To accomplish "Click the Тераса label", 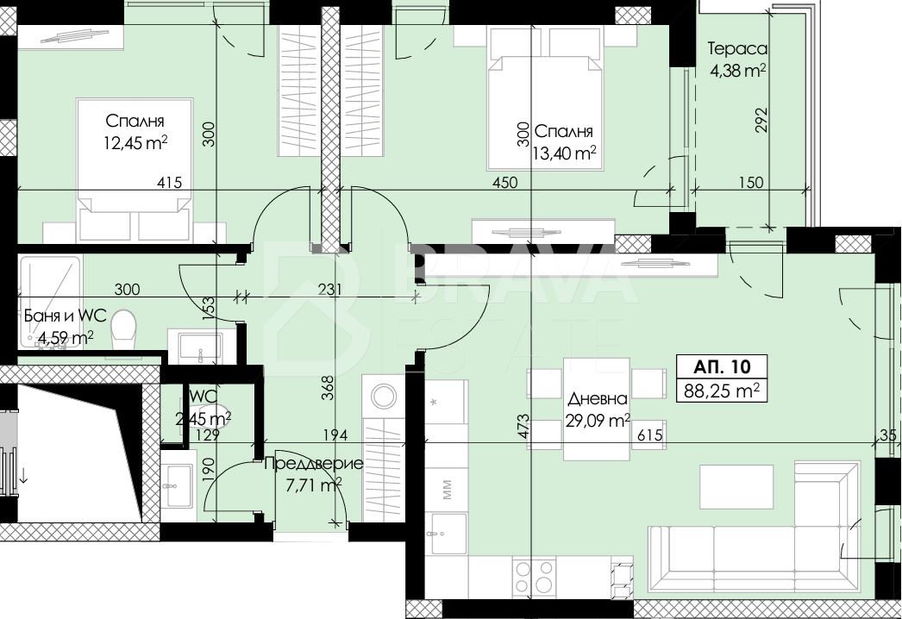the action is point(737,49).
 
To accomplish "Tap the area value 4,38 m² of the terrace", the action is point(737,71).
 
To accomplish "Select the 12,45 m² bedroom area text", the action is point(135,142).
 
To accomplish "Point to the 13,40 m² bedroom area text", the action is point(564,153).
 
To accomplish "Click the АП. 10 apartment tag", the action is point(722,366).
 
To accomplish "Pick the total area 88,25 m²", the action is point(722,391).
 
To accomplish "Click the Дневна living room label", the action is point(597,398).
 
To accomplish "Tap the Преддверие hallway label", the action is point(314,464).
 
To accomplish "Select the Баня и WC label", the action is point(65,316).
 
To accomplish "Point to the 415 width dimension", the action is point(169,183).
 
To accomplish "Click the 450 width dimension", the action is point(505,183).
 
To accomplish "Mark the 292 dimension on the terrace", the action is point(761,120).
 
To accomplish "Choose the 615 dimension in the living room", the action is point(650,435).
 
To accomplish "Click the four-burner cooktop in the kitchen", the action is point(535,577).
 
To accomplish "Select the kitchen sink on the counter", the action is point(448,532).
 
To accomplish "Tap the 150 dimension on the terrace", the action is point(751,183).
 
